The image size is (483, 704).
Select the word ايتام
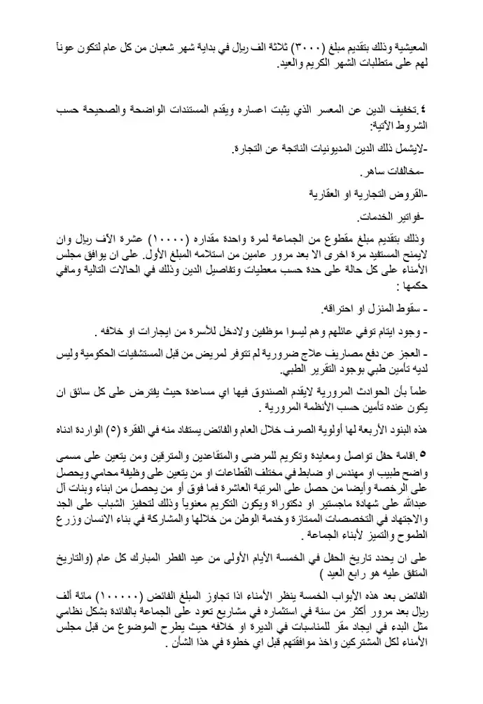tap(388, 330)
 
